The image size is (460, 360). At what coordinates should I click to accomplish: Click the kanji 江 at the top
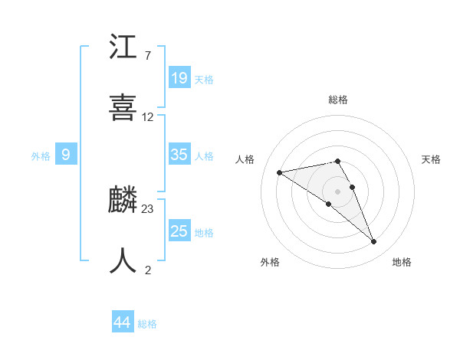[x=123, y=48]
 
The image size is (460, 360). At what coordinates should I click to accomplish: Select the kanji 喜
[x=123, y=107]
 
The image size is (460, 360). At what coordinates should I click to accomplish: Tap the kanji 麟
[x=123, y=201]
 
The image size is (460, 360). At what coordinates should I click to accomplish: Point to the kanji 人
[x=123, y=260]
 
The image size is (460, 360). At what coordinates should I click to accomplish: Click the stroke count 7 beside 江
[x=147, y=57]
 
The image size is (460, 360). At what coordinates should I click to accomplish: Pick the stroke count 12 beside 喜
[x=148, y=117]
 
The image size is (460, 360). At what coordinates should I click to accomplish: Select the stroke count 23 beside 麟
[x=148, y=208]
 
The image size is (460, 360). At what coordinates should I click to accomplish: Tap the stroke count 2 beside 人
[x=148, y=269]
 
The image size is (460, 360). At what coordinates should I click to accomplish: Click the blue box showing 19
[x=179, y=77]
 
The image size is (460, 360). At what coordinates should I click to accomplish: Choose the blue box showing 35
[x=179, y=155]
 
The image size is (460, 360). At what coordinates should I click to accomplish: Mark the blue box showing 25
[x=179, y=231]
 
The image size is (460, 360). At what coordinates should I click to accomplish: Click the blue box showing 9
[x=66, y=155]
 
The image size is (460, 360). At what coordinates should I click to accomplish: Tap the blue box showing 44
[x=123, y=322]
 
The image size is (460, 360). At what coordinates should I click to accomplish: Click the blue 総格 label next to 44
[x=147, y=324]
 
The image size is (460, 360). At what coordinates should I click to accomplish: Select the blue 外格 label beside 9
[x=41, y=156]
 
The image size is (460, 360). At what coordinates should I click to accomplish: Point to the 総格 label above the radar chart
[x=338, y=100]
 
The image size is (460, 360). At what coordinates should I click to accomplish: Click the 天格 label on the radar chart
[x=432, y=159]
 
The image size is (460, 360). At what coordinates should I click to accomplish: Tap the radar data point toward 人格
[x=280, y=172]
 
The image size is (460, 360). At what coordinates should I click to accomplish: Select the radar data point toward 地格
[x=374, y=242]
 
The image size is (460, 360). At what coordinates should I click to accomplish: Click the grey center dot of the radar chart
[x=338, y=191]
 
